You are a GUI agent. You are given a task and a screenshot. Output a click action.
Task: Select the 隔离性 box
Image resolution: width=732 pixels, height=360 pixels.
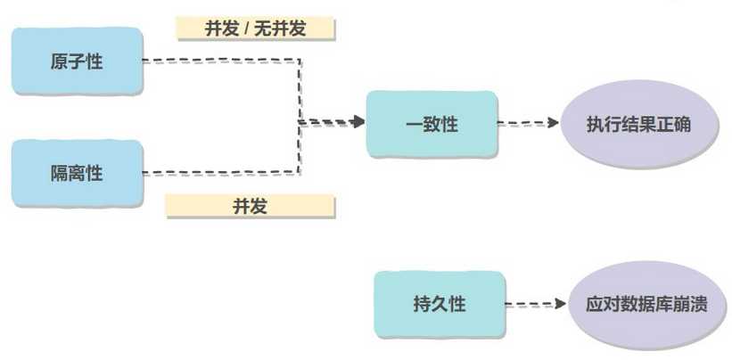coord(77,173)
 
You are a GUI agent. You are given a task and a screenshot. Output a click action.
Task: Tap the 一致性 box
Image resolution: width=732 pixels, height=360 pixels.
coord(431,125)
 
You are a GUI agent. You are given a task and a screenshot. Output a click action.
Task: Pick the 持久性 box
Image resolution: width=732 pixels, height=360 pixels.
coord(439,304)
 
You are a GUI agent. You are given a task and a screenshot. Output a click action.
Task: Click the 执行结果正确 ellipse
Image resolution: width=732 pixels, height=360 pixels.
coord(638,125)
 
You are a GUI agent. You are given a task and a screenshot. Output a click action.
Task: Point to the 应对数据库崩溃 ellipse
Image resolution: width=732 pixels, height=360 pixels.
coord(646,304)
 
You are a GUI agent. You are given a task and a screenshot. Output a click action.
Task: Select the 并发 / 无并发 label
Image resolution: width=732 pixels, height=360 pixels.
coord(255,29)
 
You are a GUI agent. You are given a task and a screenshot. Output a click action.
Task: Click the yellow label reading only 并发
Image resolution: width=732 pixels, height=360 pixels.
coord(251,207)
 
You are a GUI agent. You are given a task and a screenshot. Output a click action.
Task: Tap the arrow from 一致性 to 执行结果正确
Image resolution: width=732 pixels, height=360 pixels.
coord(528,124)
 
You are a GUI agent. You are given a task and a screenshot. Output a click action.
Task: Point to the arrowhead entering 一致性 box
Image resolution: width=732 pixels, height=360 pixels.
coord(358,121)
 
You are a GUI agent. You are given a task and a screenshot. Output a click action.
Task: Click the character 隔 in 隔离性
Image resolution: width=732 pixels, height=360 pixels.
coord(60,173)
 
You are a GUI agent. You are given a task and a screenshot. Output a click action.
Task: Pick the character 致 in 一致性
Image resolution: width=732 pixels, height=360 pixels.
coord(432,125)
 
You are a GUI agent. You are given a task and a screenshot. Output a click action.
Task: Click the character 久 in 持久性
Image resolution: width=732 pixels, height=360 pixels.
coord(440,304)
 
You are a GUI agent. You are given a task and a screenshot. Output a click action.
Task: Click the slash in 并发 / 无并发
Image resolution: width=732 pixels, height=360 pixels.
coord(247,29)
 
